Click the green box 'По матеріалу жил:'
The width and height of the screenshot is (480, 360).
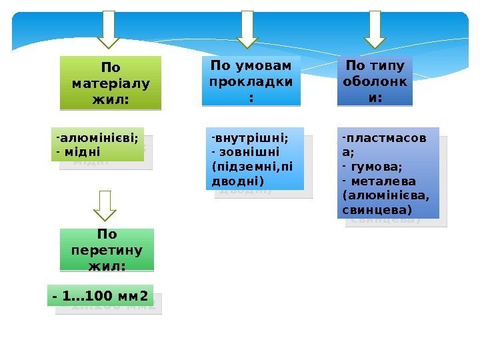tap(111, 83)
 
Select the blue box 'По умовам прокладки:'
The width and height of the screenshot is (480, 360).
tap(251, 81)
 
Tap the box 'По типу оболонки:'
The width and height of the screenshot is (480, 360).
tap(375, 81)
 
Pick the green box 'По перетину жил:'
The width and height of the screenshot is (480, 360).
tap(107, 250)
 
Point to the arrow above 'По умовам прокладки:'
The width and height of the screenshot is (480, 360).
tap(247, 30)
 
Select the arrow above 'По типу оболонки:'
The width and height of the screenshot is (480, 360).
tap(375, 30)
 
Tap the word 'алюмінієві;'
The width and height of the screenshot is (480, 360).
tap(99, 139)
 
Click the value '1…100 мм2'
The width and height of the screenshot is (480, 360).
tap(105, 294)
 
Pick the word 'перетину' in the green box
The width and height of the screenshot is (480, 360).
tap(107, 251)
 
